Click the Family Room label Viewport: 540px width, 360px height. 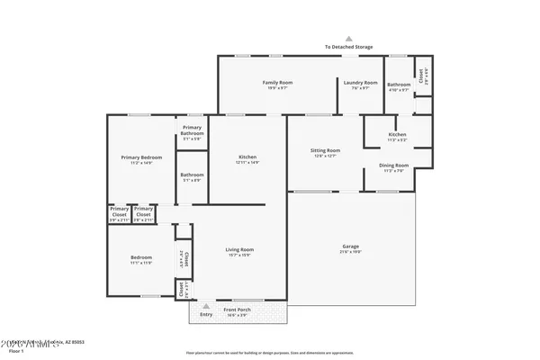coord(277,83)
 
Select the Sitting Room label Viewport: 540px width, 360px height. coord(326,150)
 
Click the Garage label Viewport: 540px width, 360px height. coord(351,247)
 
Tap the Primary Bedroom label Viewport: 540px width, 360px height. coord(141,157)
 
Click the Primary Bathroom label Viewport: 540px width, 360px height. coord(192,130)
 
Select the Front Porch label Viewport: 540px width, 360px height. coord(238,310)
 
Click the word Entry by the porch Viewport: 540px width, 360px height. coord(206,314)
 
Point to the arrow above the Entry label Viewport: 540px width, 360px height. coord(206,305)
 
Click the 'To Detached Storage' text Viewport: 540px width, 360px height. coord(349,47)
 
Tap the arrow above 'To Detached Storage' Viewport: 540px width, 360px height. coord(349,39)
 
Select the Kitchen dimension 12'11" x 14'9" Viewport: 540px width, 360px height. coord(247,163)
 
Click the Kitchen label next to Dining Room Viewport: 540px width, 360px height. coord(396,133)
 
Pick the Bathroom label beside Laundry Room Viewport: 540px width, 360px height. coord(399,83)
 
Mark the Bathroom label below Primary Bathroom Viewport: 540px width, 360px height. coord(192,175)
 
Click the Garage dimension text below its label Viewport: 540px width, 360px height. coord(351,253)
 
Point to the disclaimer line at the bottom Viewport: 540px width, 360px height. coord(270,353)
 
